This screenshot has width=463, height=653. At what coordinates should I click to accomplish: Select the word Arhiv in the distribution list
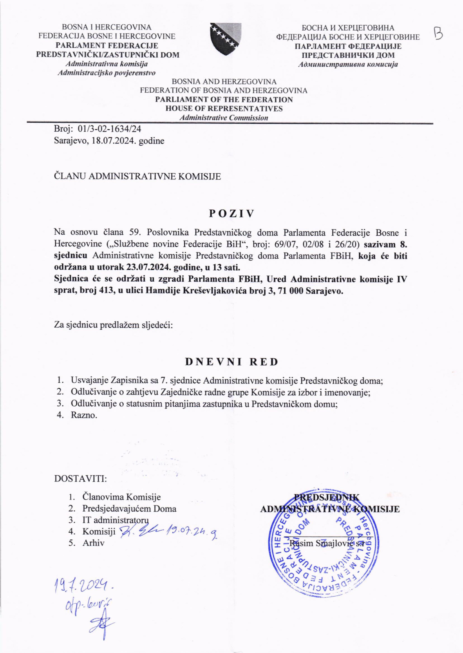[93, 543]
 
